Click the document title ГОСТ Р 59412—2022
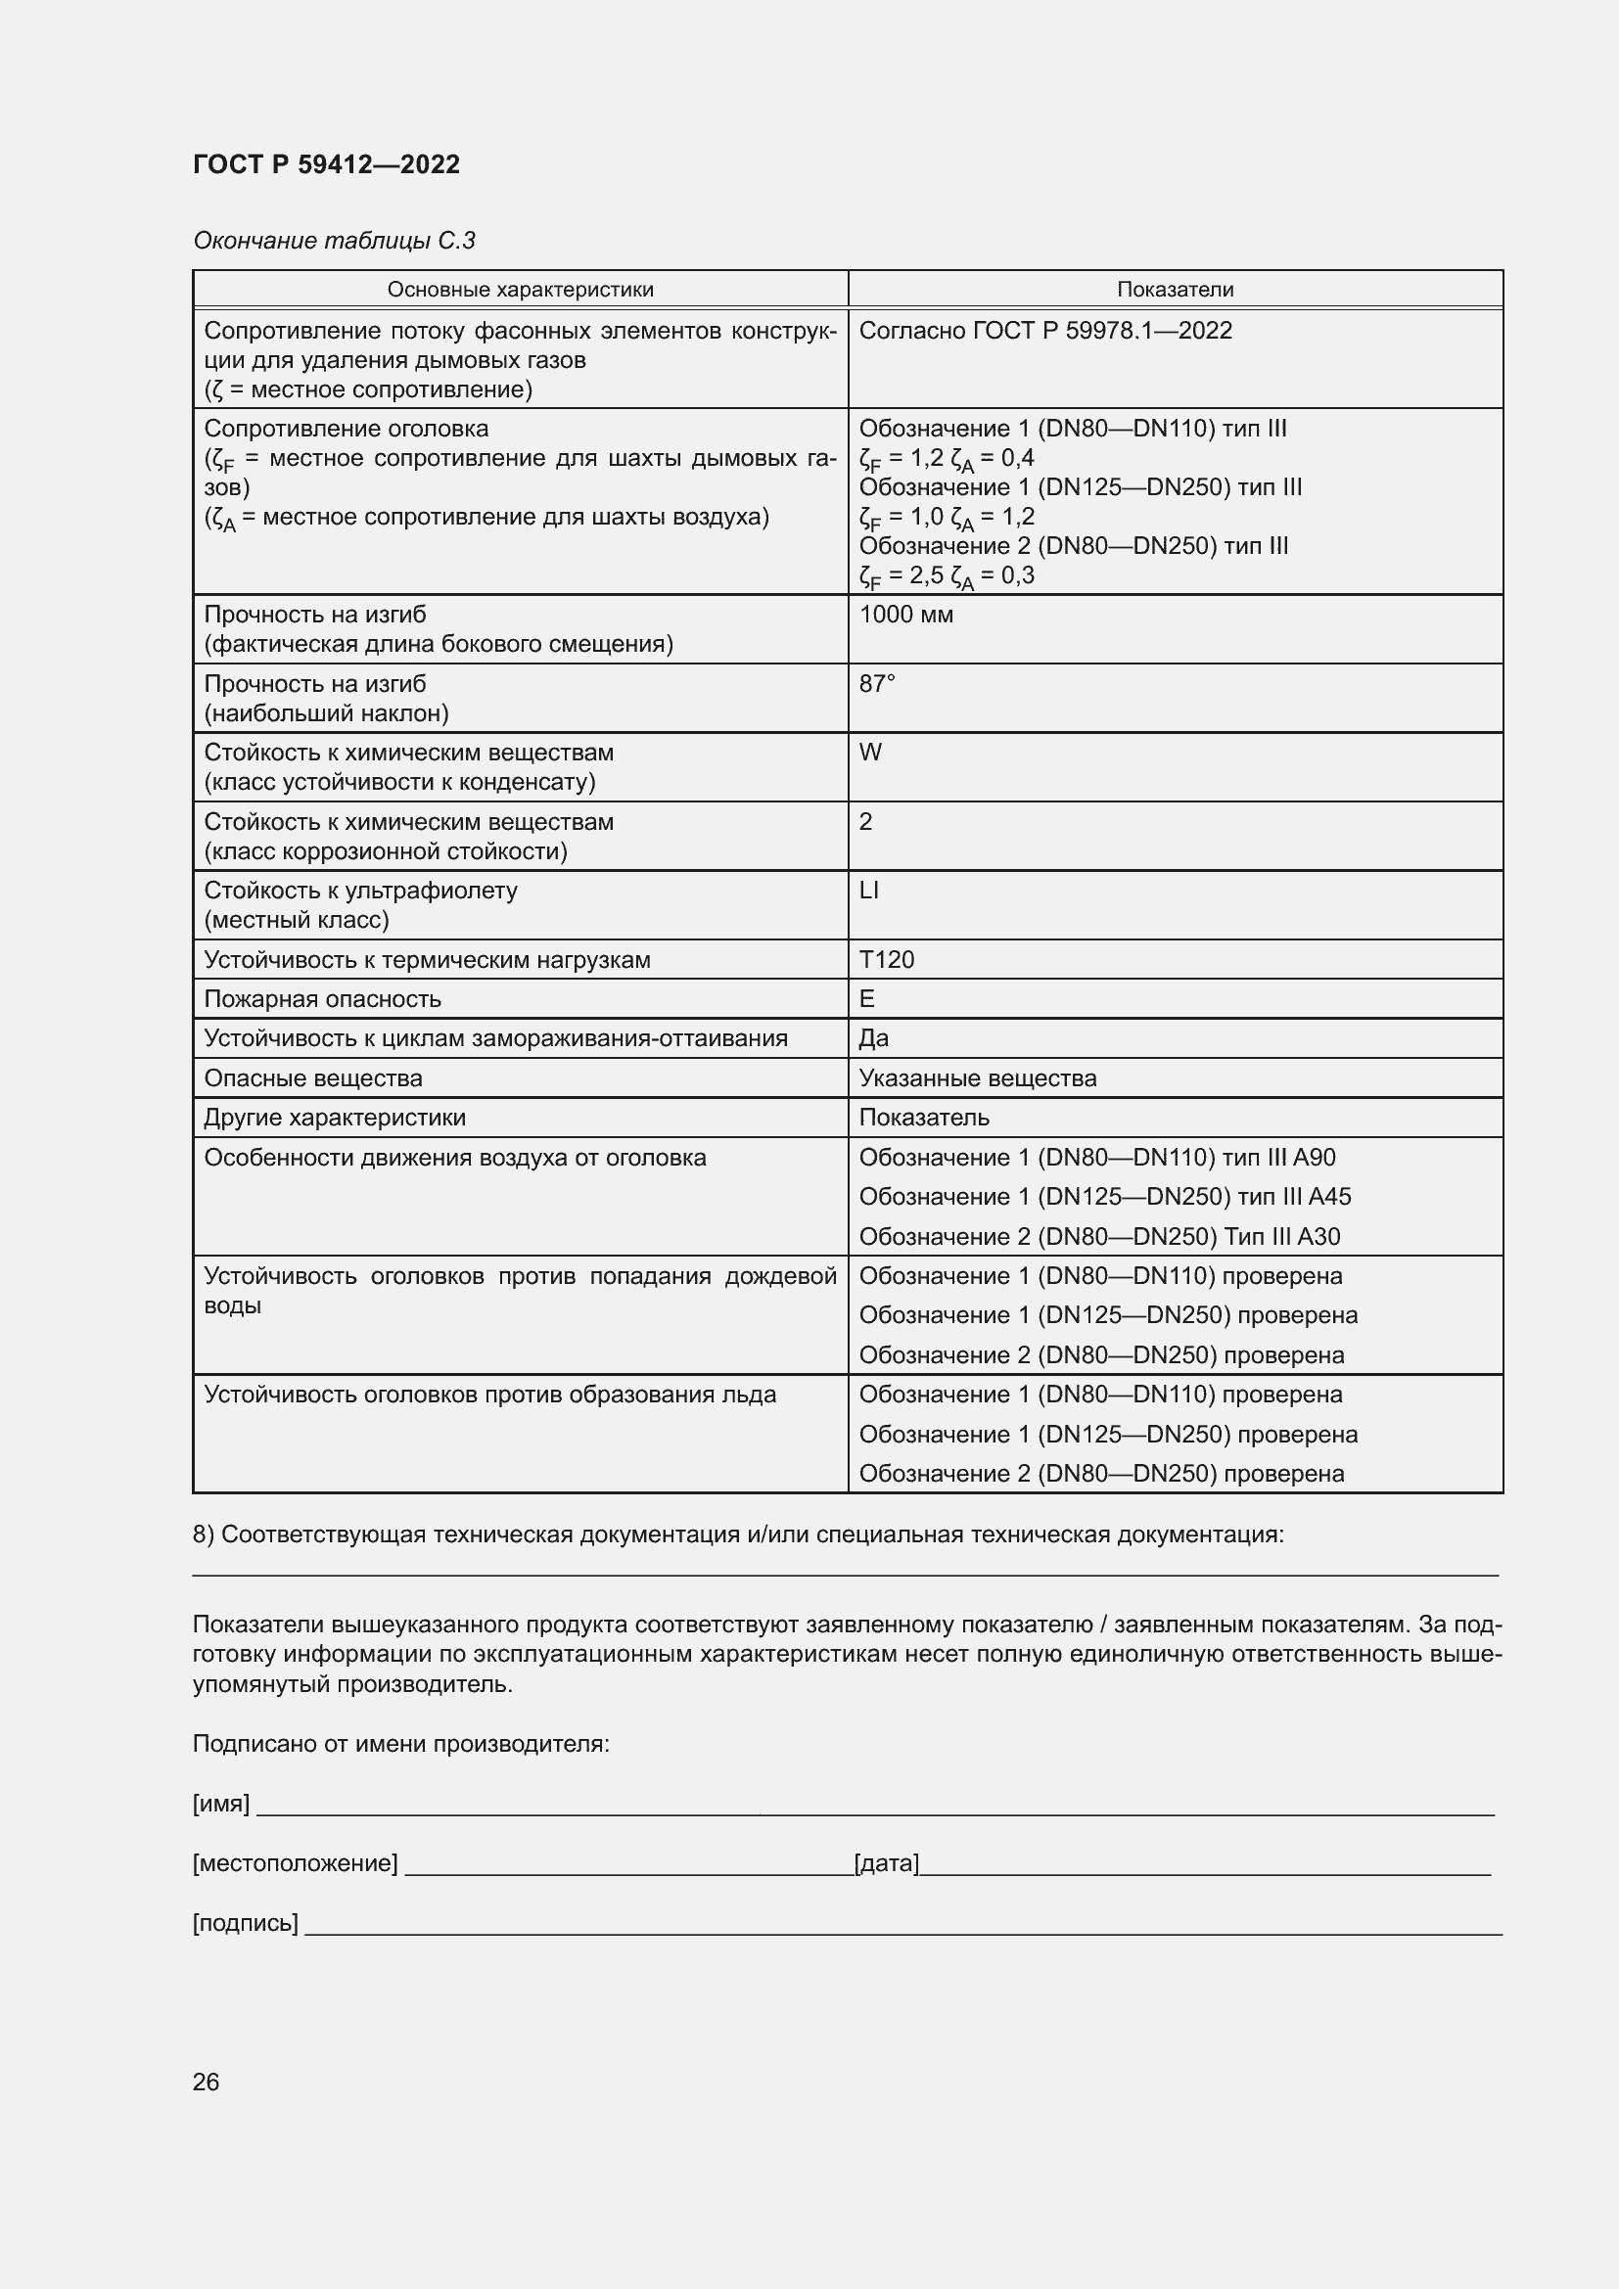[326, 164]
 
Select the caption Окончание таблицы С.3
[334, 241]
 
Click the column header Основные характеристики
[520, 289]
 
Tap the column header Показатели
[1175, 289]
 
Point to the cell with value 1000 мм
[905, 615]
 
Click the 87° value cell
[877, 684]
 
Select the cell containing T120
[886, 959]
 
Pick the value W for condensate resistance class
[870, 753]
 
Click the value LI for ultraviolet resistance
[868, 891]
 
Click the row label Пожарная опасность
[322, 999]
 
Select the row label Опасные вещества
[313, 1077]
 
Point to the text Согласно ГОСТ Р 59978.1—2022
[1044, 330]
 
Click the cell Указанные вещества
[977, 1077]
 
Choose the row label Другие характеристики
[334, 1118]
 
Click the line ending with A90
[1096, 1158]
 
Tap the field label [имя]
[220, 1804]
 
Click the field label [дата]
[886, 1863]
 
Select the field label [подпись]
[246, 1923]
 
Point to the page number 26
[206, 2082]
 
